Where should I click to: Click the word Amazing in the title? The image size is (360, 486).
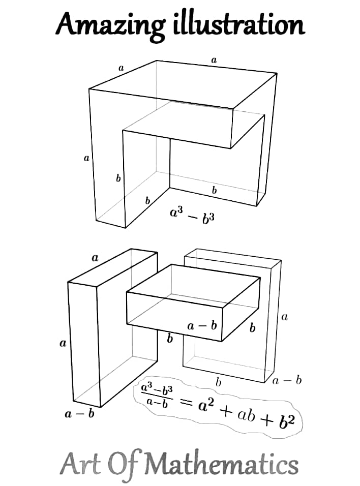109,24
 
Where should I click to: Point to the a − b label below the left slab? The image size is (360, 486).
80,414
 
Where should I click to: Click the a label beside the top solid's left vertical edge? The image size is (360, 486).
86,159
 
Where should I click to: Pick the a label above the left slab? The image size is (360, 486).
95,258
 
